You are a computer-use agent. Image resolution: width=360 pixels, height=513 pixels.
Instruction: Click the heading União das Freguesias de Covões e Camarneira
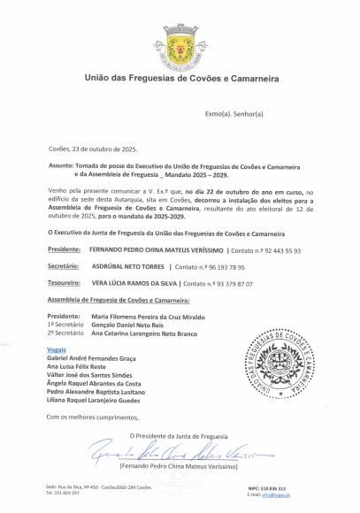point(179,79)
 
